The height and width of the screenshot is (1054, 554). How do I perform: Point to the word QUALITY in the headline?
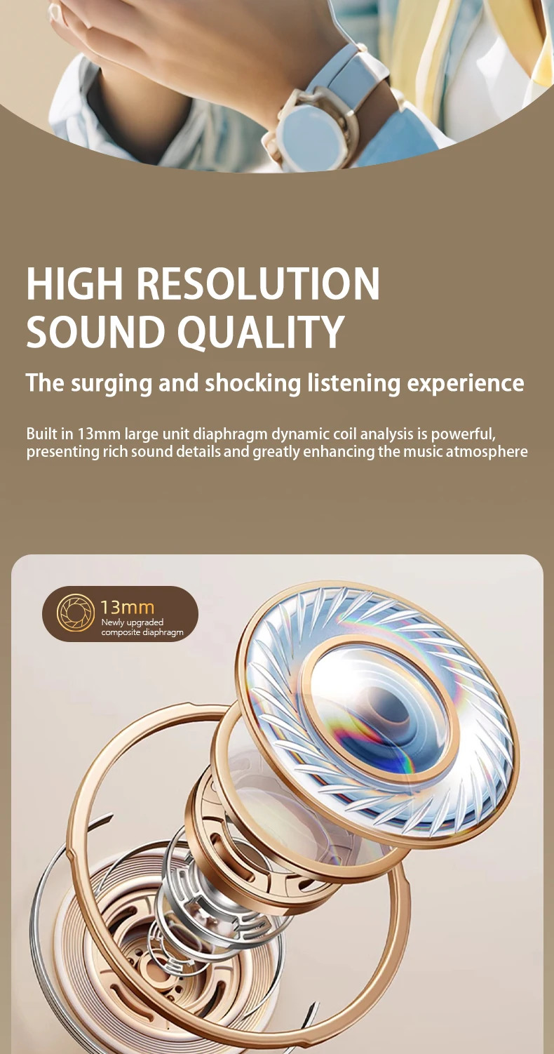click(x=261, y=331)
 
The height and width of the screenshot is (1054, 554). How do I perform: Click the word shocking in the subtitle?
click(x=252, y=382)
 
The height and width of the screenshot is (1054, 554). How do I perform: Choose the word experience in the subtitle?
click(x=466, y=383)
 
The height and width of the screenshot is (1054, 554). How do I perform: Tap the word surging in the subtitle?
click(x=112, y=383)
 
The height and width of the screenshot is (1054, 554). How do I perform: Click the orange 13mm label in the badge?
click(x=128, y=607)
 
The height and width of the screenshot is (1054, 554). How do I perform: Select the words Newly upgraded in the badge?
click(x=132, y=622)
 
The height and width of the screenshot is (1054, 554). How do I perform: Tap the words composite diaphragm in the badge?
click(x=142, y=632)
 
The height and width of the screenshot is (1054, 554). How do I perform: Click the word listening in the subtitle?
click(x=353, y=383)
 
